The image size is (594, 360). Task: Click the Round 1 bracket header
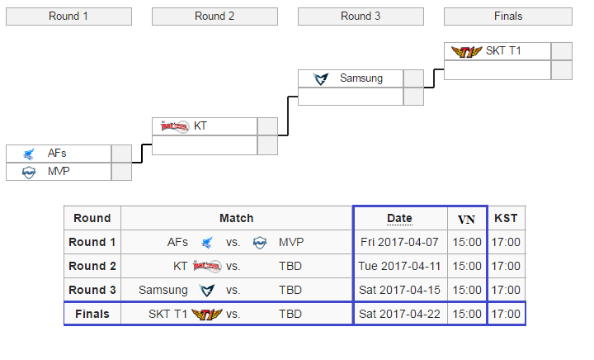[68, 17]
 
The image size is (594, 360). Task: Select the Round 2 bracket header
[214, 17]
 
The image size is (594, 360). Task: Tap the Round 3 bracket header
[361, 17]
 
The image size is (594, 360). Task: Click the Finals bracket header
[507, 17]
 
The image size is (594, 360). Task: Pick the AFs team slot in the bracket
[58, 154]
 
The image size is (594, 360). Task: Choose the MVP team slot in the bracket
[58, 172]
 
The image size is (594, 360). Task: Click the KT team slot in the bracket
[205, 126]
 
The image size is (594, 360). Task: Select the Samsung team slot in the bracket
[351, 78]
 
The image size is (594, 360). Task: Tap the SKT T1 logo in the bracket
[466, 51]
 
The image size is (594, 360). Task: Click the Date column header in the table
[399, 219]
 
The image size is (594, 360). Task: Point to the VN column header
[467, 219]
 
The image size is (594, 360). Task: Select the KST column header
[506, 219]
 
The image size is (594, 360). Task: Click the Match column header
[236, 219]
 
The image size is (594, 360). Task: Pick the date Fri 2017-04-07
[400, 243]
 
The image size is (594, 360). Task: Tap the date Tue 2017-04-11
[400, 267]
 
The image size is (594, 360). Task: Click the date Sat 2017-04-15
[400, 291]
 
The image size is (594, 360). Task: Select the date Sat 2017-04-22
[400, 315]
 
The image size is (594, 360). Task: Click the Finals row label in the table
[92, 315]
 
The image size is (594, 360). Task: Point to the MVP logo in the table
[260, 243]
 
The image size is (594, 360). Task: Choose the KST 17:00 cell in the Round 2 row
[506, 267]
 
